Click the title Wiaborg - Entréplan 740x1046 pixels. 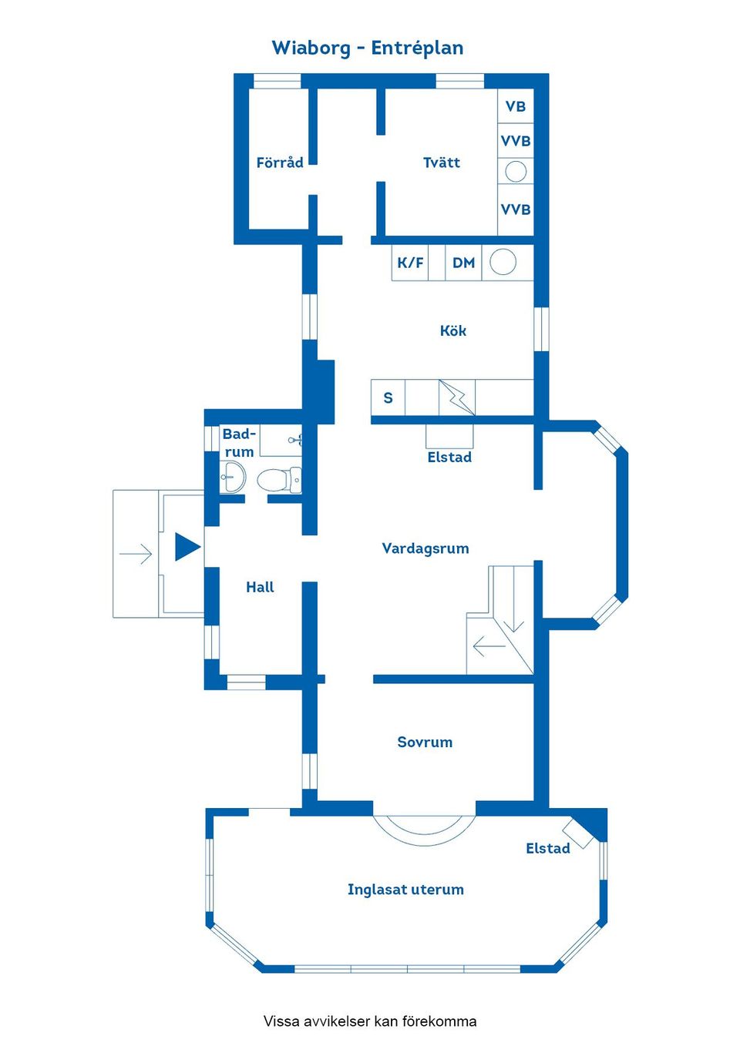point(368,48)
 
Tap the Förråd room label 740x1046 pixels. point(280,163)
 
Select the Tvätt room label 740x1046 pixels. point(442,163)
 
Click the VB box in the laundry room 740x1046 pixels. point(516,106)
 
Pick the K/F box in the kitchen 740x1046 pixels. point(410,263)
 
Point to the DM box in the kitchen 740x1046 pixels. point(463,263)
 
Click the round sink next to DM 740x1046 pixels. point(503,262)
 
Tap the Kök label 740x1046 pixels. point(453,330)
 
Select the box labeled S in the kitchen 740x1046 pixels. point(388,397)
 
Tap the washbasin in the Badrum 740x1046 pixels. point(232,478)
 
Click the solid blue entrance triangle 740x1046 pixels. point(186,547)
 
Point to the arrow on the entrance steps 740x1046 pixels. point(136,554)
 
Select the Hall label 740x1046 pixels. point(260,587)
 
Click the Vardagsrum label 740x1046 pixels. point(425,548)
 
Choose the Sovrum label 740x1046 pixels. point(425,742)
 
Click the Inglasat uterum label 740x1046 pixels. point(405,890)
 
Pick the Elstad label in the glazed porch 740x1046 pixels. point(548,848)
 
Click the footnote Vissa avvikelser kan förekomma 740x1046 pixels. point(370,1021)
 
